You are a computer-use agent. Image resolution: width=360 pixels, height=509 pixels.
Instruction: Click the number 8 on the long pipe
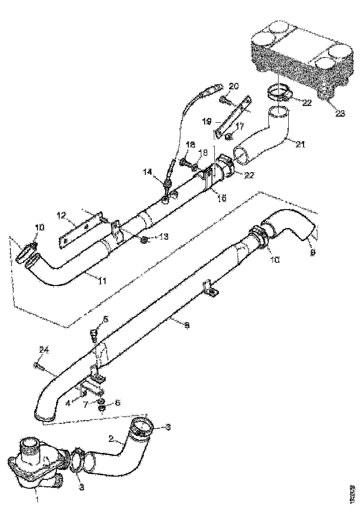point(186,325)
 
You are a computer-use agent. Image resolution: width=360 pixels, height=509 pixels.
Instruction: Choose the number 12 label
point(62,216)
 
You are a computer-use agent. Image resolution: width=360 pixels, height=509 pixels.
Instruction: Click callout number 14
point(147,172)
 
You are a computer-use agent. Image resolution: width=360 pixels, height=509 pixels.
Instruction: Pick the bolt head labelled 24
point(36,365)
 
